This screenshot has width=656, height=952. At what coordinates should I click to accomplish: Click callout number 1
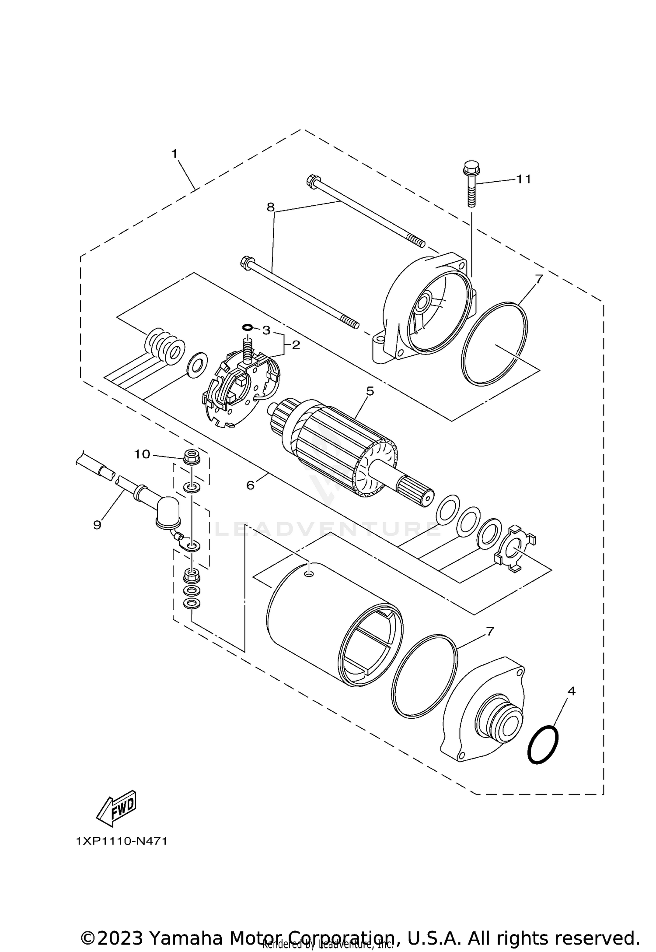point(174,154)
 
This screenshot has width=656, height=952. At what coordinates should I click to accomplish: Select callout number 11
point(523,179)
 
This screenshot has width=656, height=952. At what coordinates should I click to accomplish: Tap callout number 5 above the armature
point(370,391)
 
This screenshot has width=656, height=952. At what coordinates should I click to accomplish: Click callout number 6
point(250,485)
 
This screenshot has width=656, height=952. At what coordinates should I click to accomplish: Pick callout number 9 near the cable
point(97,524)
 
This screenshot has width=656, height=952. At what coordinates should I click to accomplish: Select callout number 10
point(142,454)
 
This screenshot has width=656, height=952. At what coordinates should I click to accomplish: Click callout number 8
point(271,207)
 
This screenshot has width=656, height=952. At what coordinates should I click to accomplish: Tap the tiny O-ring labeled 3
point(248,327)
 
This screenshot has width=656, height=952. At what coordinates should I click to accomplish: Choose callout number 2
point(296,345)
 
